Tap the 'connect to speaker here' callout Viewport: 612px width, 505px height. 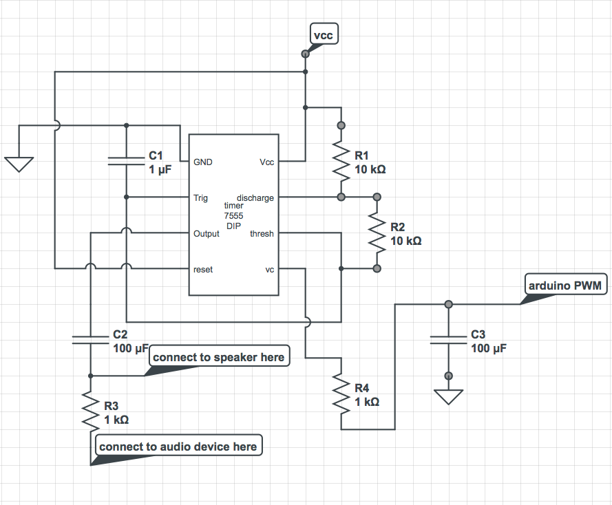218,357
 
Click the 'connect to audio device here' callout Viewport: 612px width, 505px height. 178,447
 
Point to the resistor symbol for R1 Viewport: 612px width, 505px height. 341,161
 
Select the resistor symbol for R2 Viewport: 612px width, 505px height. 377,233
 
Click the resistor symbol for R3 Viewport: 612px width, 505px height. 90,411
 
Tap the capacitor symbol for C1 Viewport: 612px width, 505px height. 126,161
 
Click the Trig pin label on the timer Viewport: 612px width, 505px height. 200,198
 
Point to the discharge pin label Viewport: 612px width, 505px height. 255,198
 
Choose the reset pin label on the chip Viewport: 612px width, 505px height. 203,270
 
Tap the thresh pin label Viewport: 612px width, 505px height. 262,234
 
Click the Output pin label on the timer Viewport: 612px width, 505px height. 207,234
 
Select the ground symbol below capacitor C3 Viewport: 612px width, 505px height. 448,396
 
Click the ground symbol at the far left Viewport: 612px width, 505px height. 19,164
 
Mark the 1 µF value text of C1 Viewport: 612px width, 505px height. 160,169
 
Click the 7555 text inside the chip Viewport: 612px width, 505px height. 233,216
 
